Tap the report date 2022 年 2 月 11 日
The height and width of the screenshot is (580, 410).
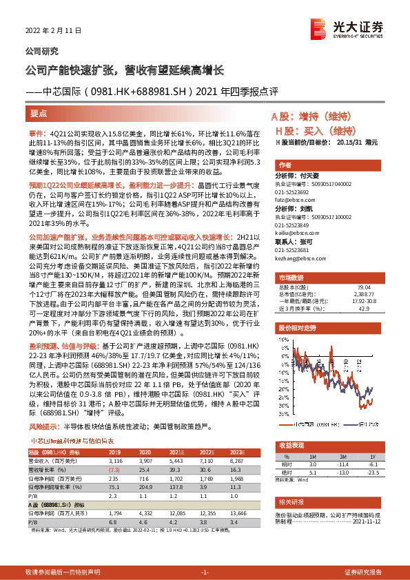pos(54,31)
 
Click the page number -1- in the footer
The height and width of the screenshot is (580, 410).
pos(205,572)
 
